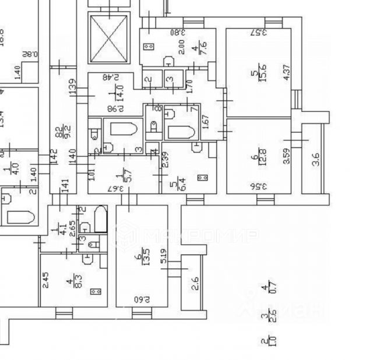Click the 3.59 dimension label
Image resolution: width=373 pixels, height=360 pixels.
[x=286, y=157]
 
